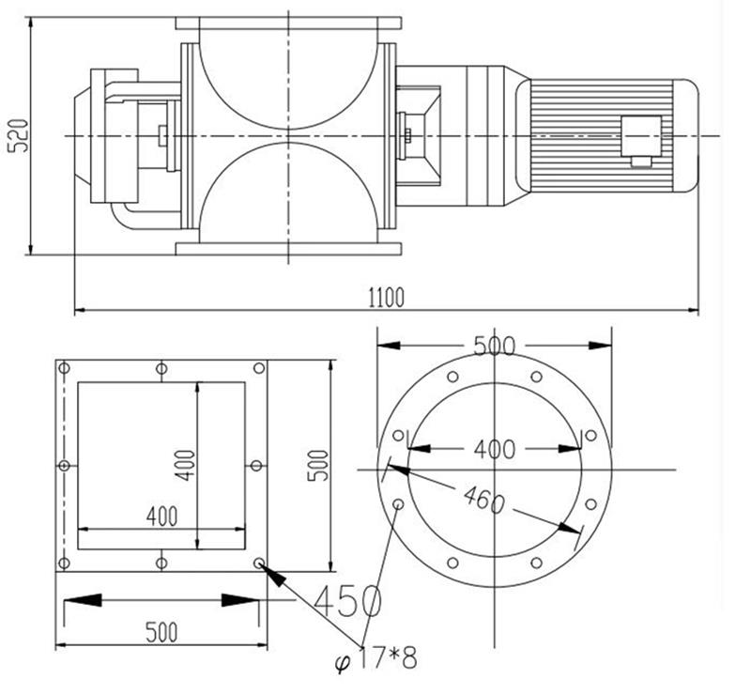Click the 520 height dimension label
pos(19,136)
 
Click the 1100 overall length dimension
pos(386,297)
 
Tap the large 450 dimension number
pos(347,600)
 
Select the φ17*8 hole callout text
pos(375,658)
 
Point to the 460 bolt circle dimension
pos(483,499)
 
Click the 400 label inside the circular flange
pos(495,449)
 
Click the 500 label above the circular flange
pos(495,345)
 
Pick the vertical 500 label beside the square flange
pos(318,466)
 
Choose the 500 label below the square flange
pos(161,632)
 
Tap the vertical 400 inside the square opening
pos(185,466)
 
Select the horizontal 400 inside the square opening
pos(161,516)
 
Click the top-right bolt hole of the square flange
pos(259,368)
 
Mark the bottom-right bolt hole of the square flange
pos(259,563)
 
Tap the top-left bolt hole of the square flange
pos(64,368)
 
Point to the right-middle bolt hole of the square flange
pos(256,466)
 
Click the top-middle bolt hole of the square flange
pos(161,368)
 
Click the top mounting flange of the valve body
pos(288,23)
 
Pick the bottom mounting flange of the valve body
pos(288,248)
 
